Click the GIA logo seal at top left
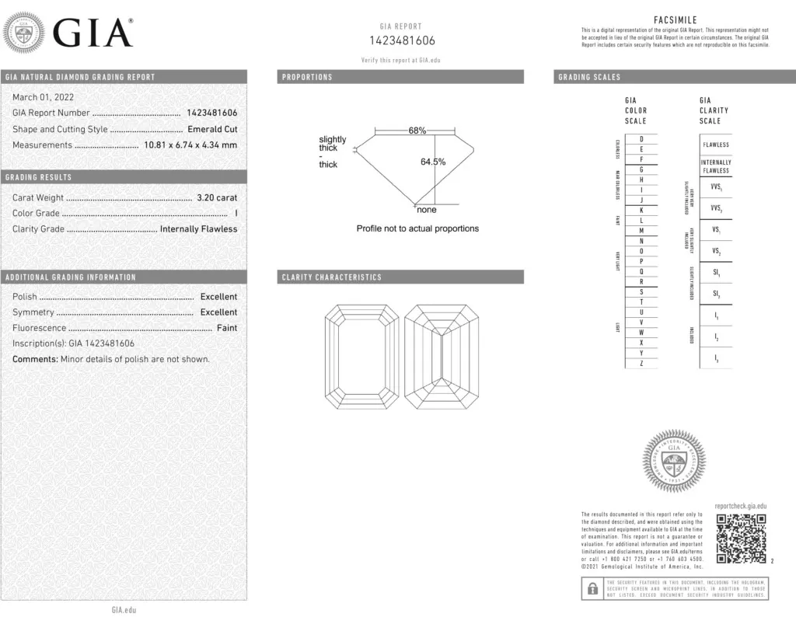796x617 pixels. pos(23,34)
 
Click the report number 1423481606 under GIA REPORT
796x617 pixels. pos(401,41)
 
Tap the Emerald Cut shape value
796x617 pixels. pos(212,129)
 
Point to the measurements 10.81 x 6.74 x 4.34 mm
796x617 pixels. pos(190,145)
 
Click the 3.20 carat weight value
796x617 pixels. pos(215,197)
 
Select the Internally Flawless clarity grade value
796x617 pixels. pos(198,228)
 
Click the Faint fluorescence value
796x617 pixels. pos(227,328)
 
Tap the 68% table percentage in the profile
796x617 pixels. pos(417,131)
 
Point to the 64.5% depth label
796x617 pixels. pos(433,162)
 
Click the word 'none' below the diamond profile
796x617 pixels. pos(427,210)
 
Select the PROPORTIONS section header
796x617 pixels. pos(307,77)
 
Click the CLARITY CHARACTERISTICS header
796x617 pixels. pos(332,277)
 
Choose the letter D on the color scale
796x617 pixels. pos(641,138)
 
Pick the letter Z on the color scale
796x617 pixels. pos(641,363)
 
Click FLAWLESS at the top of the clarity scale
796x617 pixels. pos(716,145)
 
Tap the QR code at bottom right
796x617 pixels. pos(741,538)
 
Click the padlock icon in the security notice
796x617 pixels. pos(592,588)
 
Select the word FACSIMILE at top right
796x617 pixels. pos(675,20)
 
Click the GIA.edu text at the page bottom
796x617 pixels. pos(124,609)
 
